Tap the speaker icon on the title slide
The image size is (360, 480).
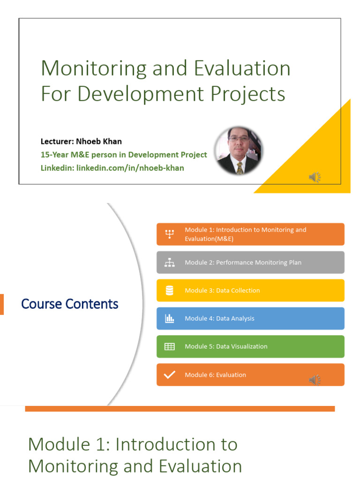[x=315, y=177]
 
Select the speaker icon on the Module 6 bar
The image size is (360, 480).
[x=315, y=380]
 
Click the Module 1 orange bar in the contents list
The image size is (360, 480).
[x=250, y=234]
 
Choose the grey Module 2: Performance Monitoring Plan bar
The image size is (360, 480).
[x=250, y=262]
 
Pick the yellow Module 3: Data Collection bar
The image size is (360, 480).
[x=250, y=291]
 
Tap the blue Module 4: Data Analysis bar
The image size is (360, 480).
[x=250, y=319]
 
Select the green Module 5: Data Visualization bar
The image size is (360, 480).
[x=250, y=347]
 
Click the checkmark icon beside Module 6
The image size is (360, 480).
[x=170, y=375]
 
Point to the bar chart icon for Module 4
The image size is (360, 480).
[x=170, y=319]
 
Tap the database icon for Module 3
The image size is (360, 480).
[x=170, y=291]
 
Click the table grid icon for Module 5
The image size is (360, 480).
[x=170, y=347]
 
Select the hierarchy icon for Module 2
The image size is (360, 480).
[x=170, y=263]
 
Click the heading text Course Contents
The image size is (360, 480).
[x=70, y=304]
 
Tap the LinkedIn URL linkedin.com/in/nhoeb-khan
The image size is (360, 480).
[x=130, y=168]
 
